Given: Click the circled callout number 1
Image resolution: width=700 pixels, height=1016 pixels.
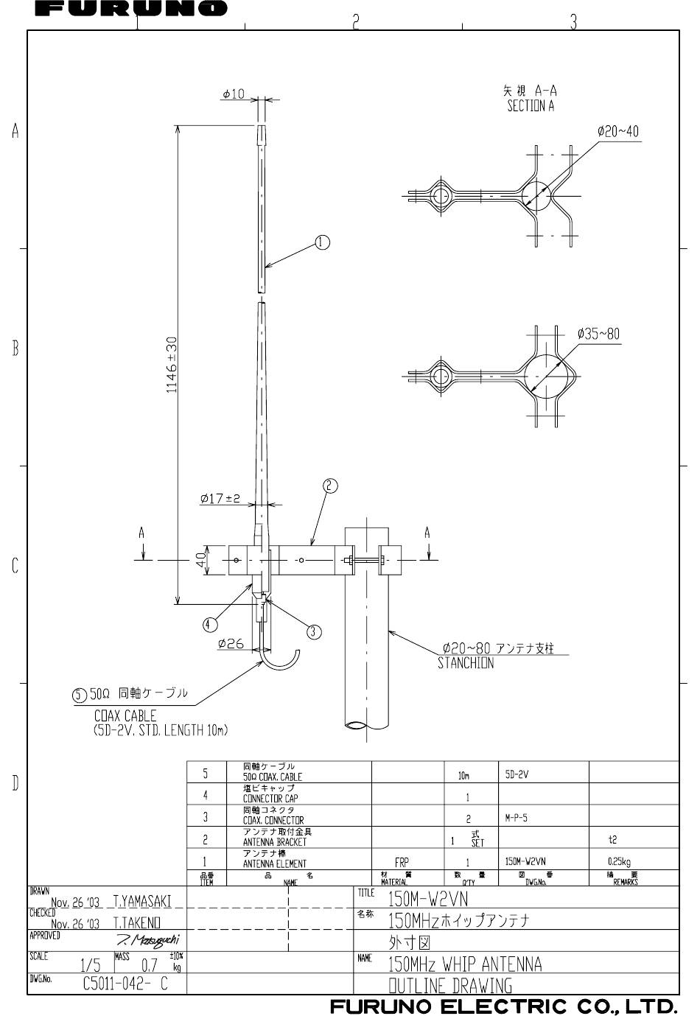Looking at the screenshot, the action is pos(322,242).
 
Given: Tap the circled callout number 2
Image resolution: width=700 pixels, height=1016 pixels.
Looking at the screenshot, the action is pos(330,486).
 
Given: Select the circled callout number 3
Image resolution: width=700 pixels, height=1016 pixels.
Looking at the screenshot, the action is pos(314,631).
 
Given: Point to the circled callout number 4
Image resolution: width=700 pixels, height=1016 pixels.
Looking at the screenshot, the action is pos(209,625).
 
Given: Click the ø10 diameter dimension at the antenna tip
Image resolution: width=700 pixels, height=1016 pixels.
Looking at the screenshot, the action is pos(233,94).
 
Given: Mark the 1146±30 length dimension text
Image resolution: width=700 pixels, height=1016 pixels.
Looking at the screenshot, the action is pos(172,365).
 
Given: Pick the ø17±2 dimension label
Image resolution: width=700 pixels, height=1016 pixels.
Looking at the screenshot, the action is pos(220,499).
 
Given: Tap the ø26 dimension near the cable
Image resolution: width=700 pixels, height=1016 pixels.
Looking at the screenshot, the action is pos(231,643).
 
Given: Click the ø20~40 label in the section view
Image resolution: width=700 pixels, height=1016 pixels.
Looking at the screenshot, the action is pos(617,132).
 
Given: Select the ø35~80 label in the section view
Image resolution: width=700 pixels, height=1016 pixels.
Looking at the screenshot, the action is pos(598,334).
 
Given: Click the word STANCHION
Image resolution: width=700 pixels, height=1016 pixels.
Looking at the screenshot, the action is pos(466,663).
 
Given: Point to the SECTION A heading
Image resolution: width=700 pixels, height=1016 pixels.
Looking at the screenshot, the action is pos(531,105).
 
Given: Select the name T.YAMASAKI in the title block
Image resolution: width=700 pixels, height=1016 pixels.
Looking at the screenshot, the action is pos(142,901).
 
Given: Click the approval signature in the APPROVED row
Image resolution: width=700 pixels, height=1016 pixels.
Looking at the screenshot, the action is pos(148,940).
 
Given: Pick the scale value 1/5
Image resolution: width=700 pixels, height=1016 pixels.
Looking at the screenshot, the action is pos(91,965).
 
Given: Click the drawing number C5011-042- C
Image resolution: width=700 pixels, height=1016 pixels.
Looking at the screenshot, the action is pos(125,984).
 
